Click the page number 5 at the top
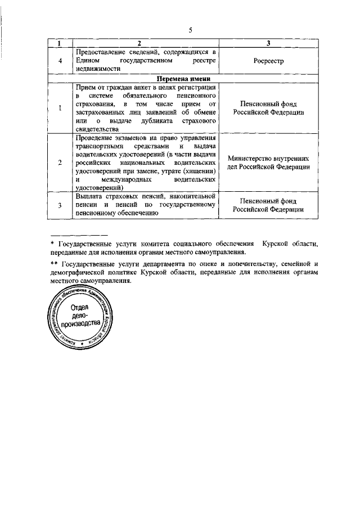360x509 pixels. click(190, 31)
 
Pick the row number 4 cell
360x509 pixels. click(60, 60)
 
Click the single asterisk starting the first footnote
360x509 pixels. click(52, 244)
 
